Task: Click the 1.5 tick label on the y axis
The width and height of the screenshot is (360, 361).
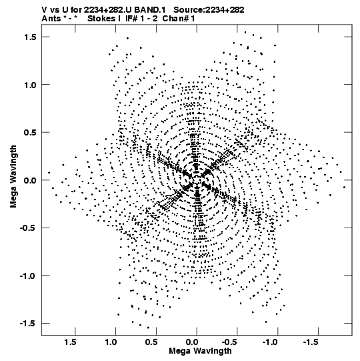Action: coord(30,37)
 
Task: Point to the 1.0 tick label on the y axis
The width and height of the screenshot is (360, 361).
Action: coord(30,85)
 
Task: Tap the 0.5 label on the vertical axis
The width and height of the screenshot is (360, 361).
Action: coord(30,132)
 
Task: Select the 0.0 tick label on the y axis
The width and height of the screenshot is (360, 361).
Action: coord(30,180)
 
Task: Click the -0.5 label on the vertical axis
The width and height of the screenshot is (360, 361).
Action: coord(28,228)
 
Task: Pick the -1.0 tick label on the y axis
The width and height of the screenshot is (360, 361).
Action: coord(28,276)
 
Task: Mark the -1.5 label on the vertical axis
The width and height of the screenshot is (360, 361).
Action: coord(28,324)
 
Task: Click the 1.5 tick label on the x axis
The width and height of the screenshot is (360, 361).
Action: coord(70,342)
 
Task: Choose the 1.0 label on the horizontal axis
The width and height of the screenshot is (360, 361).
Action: coord(111,342)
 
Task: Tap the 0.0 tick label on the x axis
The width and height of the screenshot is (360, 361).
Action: coord(192,342)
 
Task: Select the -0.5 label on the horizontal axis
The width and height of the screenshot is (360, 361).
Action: coord(230,342)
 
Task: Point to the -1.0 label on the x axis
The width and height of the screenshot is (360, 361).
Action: coord(271,342)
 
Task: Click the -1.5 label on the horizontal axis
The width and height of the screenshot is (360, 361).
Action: coord(311,342)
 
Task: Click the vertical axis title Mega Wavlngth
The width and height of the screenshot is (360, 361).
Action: coord(13,176)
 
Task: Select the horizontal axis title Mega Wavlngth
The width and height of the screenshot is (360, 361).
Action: coord(200,352)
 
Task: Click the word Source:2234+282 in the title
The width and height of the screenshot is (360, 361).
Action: coord(209,10)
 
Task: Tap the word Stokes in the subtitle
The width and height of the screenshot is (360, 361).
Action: coord(102,19)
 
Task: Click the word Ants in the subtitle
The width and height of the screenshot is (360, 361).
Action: coord(51,19)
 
